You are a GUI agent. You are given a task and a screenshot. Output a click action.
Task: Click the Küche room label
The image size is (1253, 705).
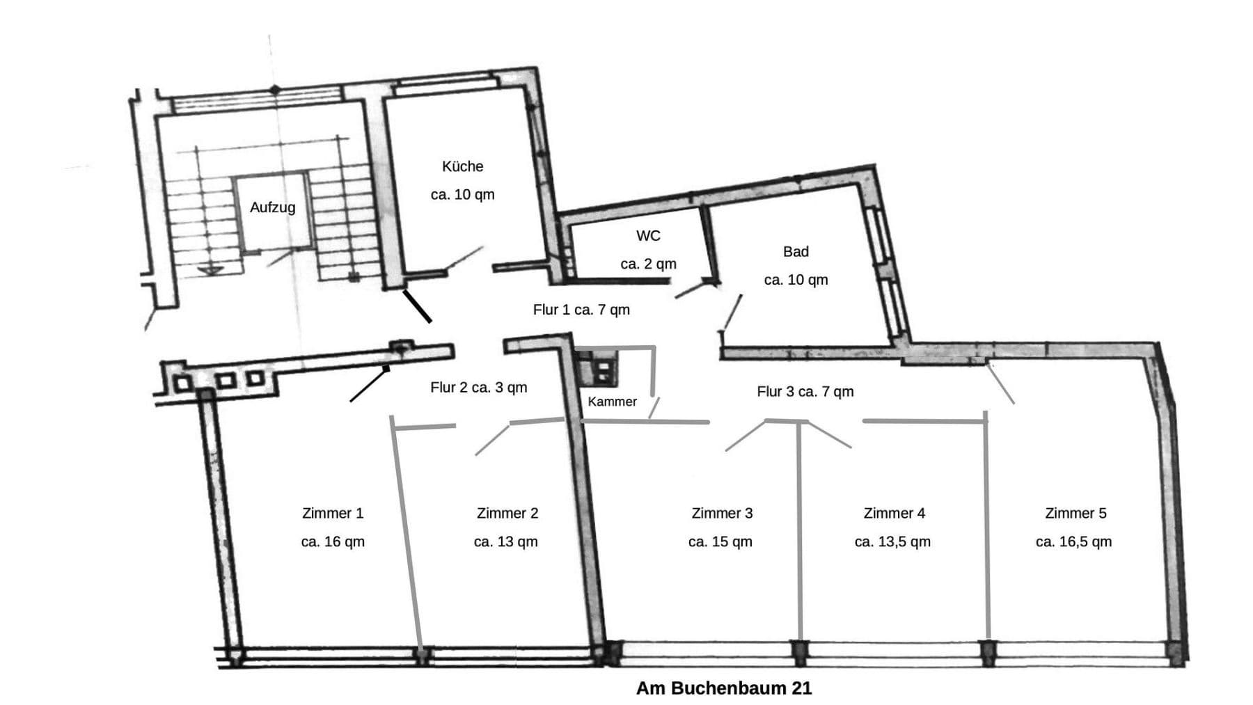(462, 166)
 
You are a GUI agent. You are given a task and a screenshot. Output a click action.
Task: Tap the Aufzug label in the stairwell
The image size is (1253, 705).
(272, 207)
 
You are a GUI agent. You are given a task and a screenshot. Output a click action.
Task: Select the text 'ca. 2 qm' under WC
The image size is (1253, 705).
(648, 264)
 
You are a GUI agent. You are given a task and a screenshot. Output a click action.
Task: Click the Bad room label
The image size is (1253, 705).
(796, 251)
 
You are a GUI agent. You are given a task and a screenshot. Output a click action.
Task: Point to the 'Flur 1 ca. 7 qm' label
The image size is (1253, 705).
(581, 310)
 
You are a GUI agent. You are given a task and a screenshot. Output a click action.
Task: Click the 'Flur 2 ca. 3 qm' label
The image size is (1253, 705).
(478, 388)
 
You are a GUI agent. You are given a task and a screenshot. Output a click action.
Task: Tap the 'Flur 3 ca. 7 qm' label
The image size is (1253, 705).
(805, 392)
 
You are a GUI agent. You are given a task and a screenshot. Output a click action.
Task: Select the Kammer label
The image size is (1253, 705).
(612, 402)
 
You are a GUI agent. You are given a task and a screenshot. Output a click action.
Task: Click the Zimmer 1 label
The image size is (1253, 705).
(333, 513)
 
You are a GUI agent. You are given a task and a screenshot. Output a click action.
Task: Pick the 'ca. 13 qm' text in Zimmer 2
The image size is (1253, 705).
(505, 541)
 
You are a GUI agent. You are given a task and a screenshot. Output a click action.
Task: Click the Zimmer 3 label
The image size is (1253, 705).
(722, 513)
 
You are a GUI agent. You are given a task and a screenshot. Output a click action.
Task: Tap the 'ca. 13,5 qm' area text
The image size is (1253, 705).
(892, 541)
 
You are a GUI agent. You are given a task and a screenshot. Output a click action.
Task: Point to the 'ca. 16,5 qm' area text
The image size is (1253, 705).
(1073, 541)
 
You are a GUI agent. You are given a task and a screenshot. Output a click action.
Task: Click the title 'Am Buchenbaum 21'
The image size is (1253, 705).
(724, 688)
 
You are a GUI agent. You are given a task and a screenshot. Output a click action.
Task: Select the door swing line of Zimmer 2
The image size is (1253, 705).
(492, 439)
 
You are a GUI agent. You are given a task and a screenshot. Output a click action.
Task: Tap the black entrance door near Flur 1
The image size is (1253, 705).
(417, 306)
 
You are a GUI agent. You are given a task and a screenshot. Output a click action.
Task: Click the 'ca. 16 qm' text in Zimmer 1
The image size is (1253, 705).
(333, 541)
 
